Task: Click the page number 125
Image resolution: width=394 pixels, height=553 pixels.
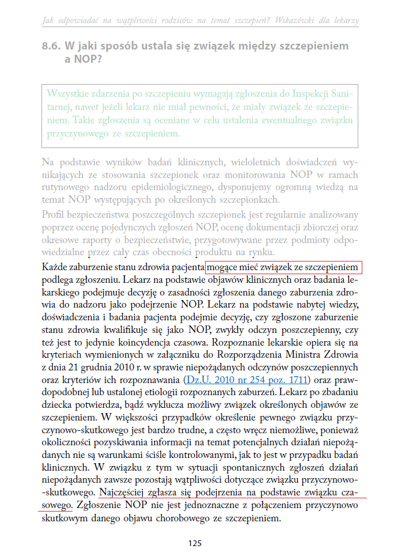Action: (194, 543)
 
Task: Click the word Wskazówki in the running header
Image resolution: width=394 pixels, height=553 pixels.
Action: (291, 20)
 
